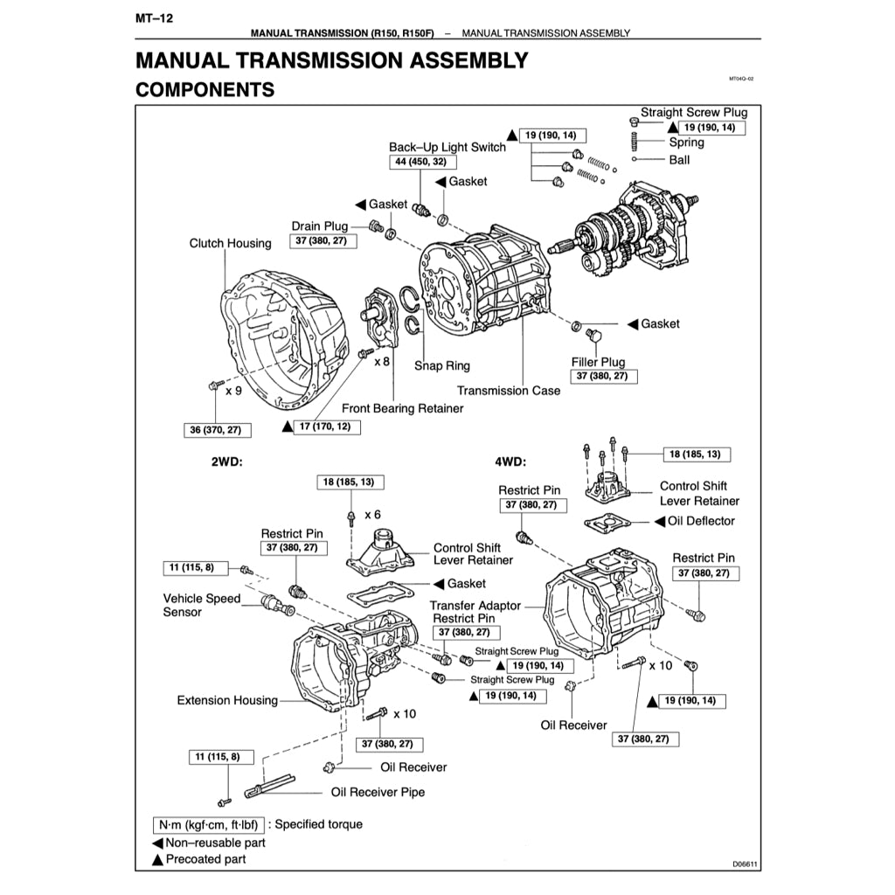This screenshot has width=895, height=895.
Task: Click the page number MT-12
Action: (x=155, y=18)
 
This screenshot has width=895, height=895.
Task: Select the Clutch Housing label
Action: (x=230, y=243)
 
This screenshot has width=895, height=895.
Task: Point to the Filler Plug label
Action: (x=599, y=362)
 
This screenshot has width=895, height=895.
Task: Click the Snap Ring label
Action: (x=441, y=365)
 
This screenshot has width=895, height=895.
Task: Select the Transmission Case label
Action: (x=509, y=391)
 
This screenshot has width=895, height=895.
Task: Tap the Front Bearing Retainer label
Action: (x=402, y=408)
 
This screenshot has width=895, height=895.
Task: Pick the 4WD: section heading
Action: (x=510, y=461)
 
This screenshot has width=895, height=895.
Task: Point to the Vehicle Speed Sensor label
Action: (x=201, y=605)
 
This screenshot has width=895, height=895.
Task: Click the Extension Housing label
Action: (x=227, y=700)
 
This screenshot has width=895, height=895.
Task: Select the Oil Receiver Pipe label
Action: (x=378, y=792)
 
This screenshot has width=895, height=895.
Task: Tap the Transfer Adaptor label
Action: (x=475, y=605)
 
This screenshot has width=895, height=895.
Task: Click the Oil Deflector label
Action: (x=701, y=521)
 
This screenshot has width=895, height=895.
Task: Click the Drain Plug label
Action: (x=320, y=226)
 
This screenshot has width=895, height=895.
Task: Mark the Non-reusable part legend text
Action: (x=215, y=843)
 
